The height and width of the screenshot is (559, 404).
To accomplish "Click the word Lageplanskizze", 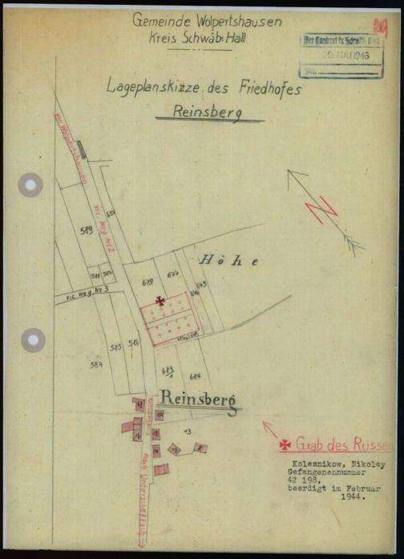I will (x=154, y=87).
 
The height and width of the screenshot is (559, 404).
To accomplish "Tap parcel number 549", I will (x=87, y=231).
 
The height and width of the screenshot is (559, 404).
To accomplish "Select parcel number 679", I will (x=147, y=282).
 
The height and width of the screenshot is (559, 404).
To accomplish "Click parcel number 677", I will (x=172, y=274).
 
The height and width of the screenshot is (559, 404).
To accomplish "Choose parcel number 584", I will (x=97, y=363).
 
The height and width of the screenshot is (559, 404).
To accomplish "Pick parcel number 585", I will (x=115, y=346).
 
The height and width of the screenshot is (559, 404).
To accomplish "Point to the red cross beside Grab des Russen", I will (x=285, y=444).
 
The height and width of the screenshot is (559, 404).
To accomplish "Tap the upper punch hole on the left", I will (x=31, y=184).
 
